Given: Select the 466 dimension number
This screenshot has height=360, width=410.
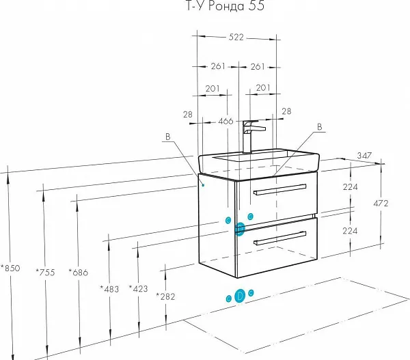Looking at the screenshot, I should [x=225, y=122].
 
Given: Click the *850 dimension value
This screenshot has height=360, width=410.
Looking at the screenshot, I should [x=11, y=268].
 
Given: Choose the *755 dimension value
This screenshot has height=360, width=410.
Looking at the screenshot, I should [x=45, y=273].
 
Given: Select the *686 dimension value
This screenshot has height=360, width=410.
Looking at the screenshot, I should [x=80, y=273].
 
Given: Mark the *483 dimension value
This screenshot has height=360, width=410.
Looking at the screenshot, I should [x=109, y=289].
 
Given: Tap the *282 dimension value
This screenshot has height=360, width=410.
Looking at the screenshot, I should [x=166, y=296].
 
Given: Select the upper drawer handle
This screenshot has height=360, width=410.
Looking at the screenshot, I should [x=279, y=189].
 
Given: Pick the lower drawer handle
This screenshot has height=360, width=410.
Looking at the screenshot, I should [x=279, y=237].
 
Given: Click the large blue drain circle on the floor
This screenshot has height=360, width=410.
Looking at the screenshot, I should [x=240, y=296].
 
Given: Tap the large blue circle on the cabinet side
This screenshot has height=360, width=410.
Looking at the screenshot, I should [x=240, y=228].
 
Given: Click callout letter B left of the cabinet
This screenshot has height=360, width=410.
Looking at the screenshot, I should [x=167, y=137].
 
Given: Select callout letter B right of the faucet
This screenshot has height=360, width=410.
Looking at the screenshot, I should [x=318, y=126].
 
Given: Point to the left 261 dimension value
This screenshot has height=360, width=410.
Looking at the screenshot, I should [x=218, y=66].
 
